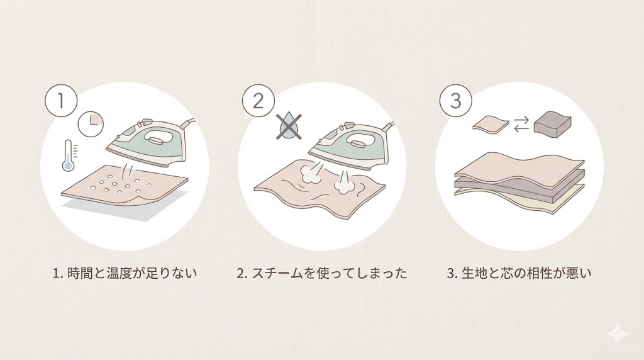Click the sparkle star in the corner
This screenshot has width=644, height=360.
pos(618,334)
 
